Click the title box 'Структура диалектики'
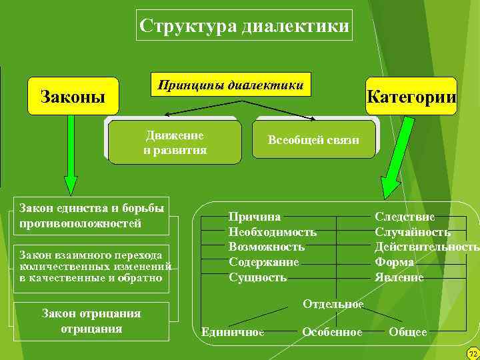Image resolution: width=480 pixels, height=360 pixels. point(244,27)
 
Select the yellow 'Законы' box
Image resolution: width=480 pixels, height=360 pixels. point(73,97)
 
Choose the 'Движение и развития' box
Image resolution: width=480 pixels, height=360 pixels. point(175,142)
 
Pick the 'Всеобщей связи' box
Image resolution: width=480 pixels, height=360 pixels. point(313,140)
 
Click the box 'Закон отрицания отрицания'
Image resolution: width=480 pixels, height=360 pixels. point(91,321)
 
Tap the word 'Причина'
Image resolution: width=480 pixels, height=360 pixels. point(254,217)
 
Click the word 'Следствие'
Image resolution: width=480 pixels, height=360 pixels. point(404,217)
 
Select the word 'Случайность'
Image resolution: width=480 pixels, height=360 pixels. point(412,232)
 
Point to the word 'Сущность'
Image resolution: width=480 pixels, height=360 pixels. point(257,277)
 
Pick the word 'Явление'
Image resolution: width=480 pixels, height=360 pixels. point(399,277)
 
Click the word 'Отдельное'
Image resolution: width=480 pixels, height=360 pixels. point(333,305)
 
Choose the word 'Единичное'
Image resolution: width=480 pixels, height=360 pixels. point(233,332)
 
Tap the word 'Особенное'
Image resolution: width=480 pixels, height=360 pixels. point(332,332)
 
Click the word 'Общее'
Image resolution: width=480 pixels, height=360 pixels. point(407,332)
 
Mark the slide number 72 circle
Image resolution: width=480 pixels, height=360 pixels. point(473,353)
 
